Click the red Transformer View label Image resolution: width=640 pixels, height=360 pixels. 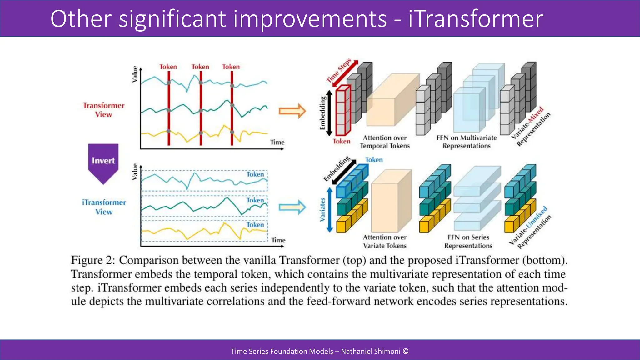(103, 110)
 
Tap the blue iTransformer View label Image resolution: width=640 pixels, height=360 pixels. (104, 207)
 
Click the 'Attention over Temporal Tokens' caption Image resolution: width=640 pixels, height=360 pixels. (385, 142)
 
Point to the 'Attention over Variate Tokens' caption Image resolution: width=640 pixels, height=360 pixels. (385, 241)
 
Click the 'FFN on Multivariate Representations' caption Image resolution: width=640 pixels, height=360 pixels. (467, 142)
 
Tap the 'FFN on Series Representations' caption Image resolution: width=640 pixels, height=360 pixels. (468, 241)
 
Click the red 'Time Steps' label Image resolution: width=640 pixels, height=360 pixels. (339, 70)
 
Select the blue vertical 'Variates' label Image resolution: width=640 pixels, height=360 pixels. (322, 210)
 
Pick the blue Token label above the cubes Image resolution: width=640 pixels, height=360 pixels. (374, 160)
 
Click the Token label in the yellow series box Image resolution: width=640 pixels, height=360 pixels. (255, 225)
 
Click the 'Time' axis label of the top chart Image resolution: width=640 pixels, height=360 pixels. (277, 142)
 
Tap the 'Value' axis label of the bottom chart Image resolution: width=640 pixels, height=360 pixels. (135, 172)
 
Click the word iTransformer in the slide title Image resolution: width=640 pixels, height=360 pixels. (476, 19)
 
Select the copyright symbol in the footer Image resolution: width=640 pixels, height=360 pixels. (406, 351)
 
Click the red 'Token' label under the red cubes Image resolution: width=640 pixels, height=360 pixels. (341, 141)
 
